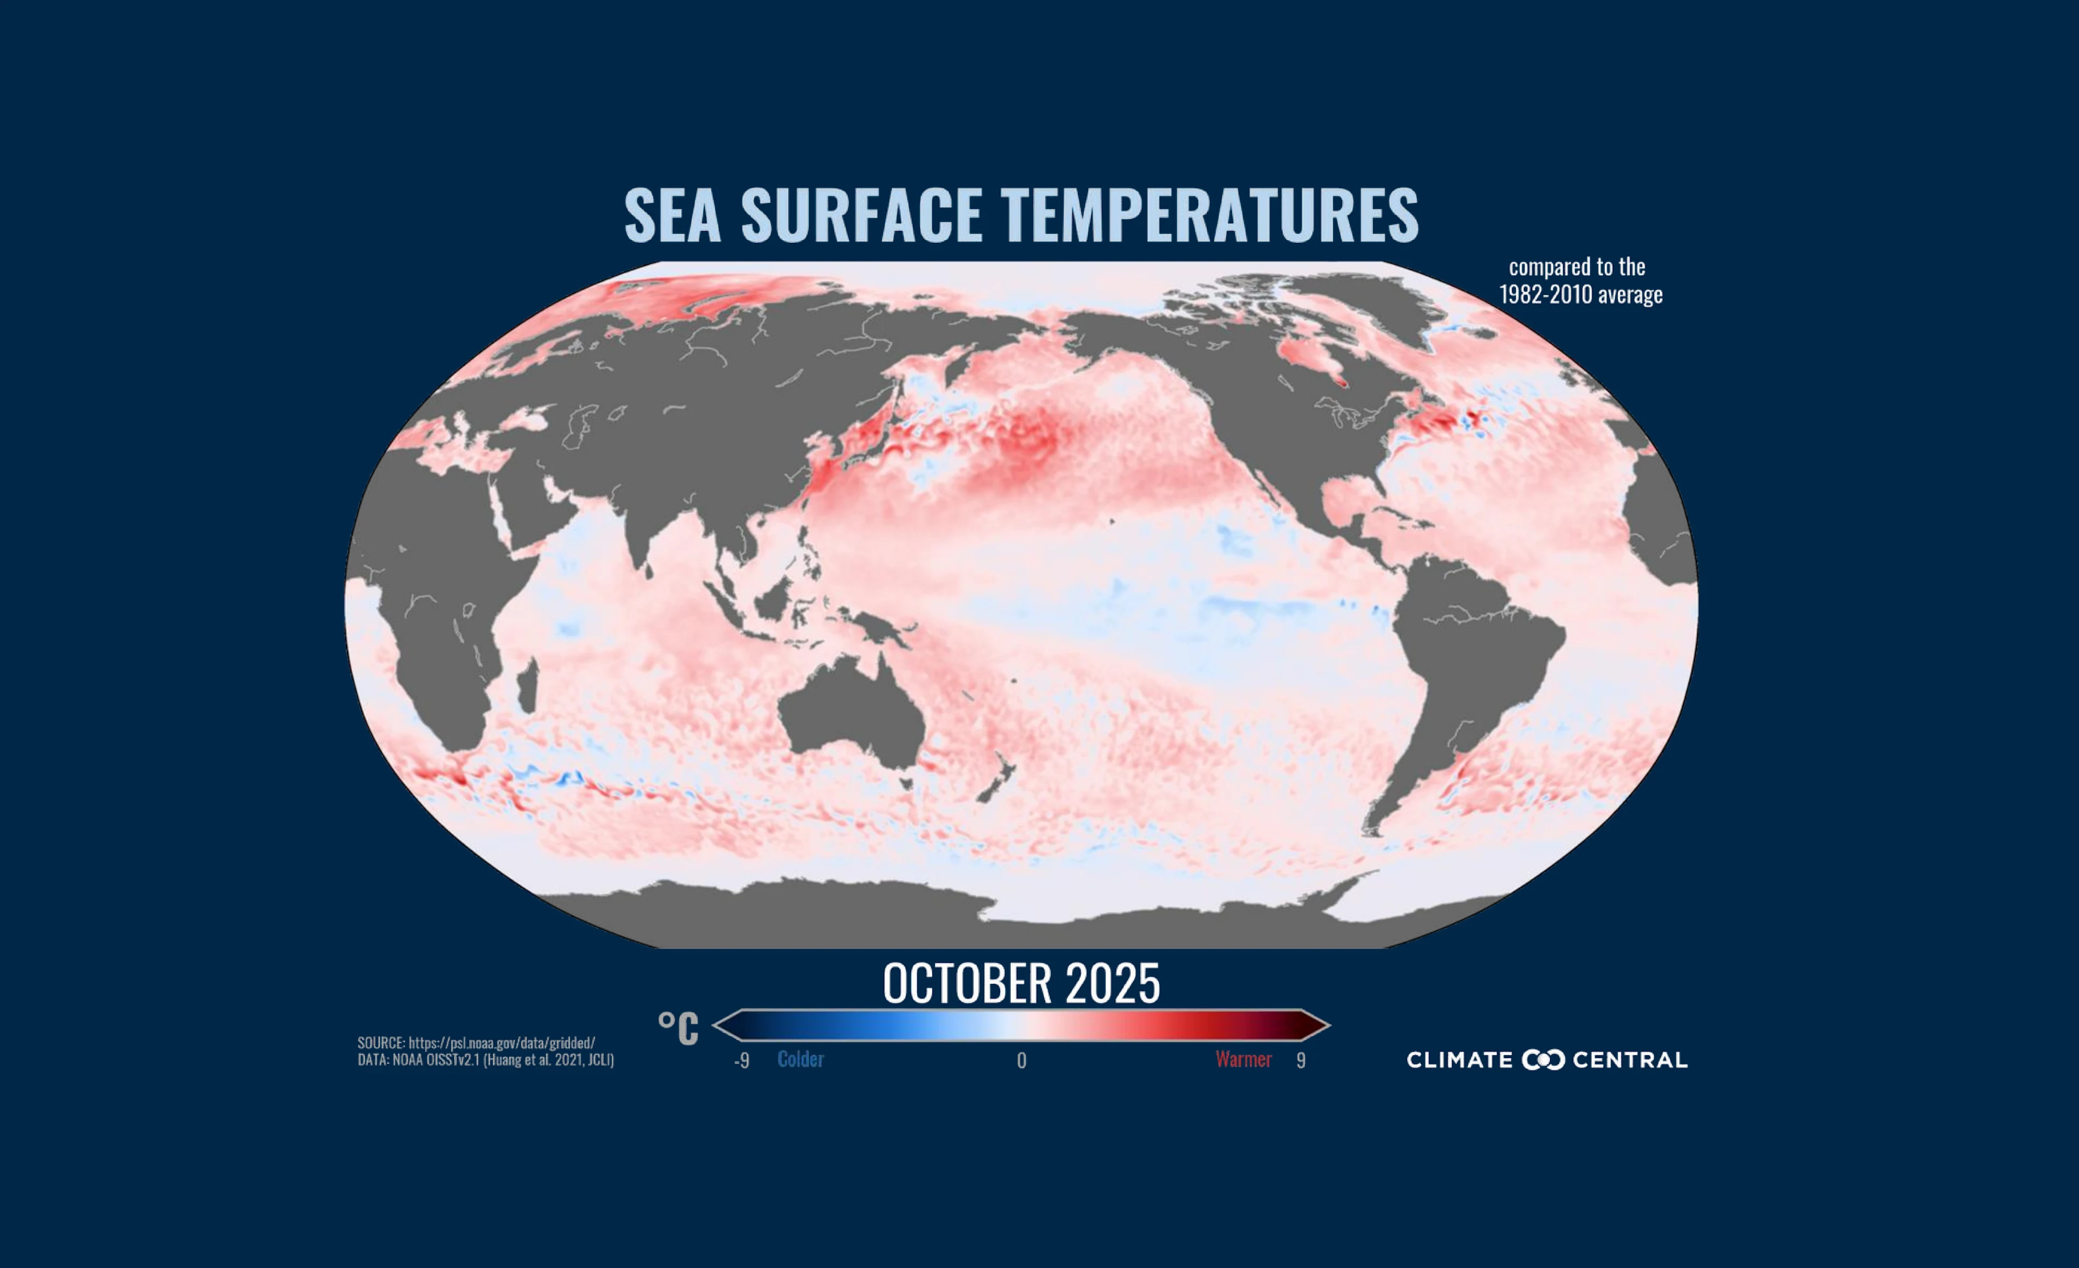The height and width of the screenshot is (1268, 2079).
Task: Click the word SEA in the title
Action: [x=672, y=216]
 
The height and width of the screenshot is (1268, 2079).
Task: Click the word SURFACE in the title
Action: [x=861, y=216]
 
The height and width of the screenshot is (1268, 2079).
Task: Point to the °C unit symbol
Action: [x=678, y=1028]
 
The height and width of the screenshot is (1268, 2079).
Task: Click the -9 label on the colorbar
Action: [x=742, y=1061]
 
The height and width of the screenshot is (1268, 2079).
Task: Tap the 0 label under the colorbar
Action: [x=1022, y=1061]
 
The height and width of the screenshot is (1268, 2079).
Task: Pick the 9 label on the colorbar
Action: [x=1301, y=1061]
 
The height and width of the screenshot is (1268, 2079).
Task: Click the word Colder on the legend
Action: [x=800, y=1060]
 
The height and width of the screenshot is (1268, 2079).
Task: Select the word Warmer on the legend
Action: [x=1243, y=1060]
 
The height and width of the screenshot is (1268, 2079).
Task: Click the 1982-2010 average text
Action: [x=1580, y=294]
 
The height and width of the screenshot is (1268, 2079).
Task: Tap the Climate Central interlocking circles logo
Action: [x=1543, y=1060]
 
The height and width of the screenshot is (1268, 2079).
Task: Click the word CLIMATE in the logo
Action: [x=1459, y=1060]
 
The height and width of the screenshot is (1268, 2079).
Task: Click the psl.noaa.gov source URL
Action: [x=501, y=1043]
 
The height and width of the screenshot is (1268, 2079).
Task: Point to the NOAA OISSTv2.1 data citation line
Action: [x=485, y=1060]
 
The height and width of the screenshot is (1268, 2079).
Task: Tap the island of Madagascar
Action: [x=527, y=686]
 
